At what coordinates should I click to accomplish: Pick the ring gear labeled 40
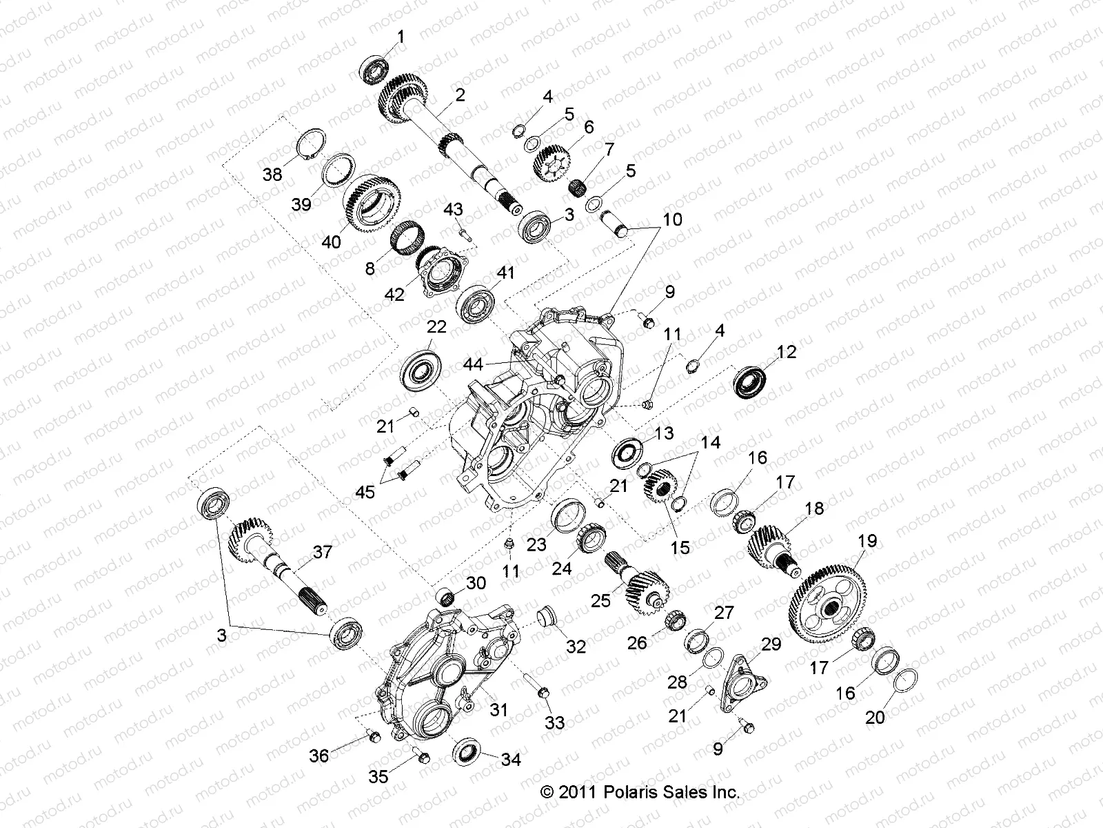click(372, 204)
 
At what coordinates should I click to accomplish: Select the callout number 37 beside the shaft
click(322, 552)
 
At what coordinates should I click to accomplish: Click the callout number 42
click(394, 295)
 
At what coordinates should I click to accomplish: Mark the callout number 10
click(672, 219)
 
